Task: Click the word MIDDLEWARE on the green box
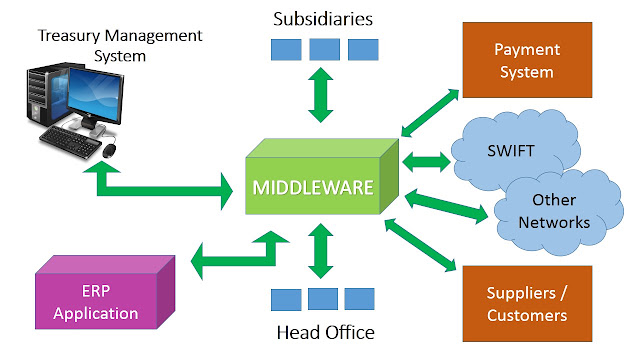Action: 313,188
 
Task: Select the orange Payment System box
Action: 527,60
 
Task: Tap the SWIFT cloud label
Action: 511,151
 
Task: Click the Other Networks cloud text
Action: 554,211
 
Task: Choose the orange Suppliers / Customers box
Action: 527,304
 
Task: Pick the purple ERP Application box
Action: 105,292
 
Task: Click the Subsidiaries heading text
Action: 323,19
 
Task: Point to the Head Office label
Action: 325,333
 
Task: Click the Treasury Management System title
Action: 120,45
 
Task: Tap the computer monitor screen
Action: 96,96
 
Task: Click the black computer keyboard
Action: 70,141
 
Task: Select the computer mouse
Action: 109,150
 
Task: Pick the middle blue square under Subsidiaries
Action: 324,49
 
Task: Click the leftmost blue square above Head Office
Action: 286,299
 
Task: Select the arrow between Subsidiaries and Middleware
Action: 321,95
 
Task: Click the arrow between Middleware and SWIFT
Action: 426,162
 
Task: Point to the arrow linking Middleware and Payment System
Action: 430,113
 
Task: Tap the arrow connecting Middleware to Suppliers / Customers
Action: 420,244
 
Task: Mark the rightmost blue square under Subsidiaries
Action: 363,49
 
